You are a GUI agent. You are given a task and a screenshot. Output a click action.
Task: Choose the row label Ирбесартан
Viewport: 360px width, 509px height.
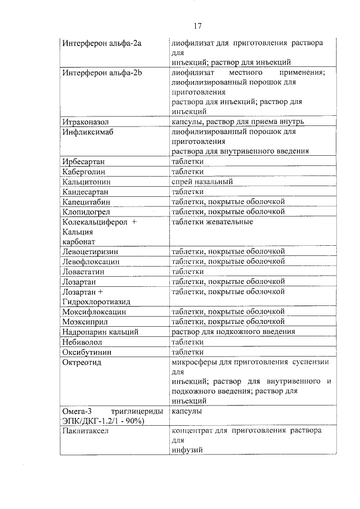(x=84, y=162)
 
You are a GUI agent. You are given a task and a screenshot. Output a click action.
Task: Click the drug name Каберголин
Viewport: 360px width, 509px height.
(x=84, y=172)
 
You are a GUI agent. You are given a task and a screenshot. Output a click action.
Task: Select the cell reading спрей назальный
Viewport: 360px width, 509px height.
(x=202, y=182)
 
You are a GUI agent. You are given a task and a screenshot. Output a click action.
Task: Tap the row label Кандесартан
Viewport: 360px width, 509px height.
(x=86, y=192)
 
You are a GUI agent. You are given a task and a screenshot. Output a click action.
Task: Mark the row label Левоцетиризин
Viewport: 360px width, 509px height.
(x=91, y=251)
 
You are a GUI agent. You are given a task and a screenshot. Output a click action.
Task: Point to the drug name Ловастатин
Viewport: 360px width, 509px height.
(x=84, y=271)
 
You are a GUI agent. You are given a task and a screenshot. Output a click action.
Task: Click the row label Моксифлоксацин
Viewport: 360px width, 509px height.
(x=93, y=312)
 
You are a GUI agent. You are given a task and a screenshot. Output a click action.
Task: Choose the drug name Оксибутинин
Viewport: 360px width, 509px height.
(x=87, y=352)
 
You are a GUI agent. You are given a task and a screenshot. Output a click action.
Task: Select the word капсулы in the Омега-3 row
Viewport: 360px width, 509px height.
(x=187, y=411)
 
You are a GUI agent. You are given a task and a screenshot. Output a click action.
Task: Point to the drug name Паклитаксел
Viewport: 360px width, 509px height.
(x=85, y=431)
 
